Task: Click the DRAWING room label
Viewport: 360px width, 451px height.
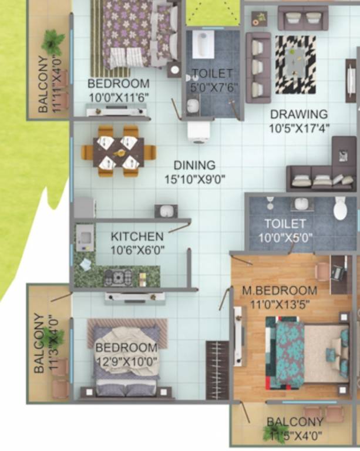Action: (x=298, y=114)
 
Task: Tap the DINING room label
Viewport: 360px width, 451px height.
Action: (x=194, y=166)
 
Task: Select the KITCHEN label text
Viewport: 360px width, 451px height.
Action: (x=137, y=237)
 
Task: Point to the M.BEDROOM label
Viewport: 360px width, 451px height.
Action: (x=280, y=291)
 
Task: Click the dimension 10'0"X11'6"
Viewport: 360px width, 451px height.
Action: (x=119, y=96)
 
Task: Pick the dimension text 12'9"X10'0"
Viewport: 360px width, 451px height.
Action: (x=127, y=362)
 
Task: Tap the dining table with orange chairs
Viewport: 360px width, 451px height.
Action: (x=118, y=152)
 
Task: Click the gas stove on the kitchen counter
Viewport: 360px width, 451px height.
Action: (x=120, y=277)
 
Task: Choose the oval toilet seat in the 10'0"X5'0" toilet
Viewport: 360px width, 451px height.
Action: (x=341, y=209)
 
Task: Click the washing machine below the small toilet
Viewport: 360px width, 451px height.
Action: (x=198, y=132)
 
